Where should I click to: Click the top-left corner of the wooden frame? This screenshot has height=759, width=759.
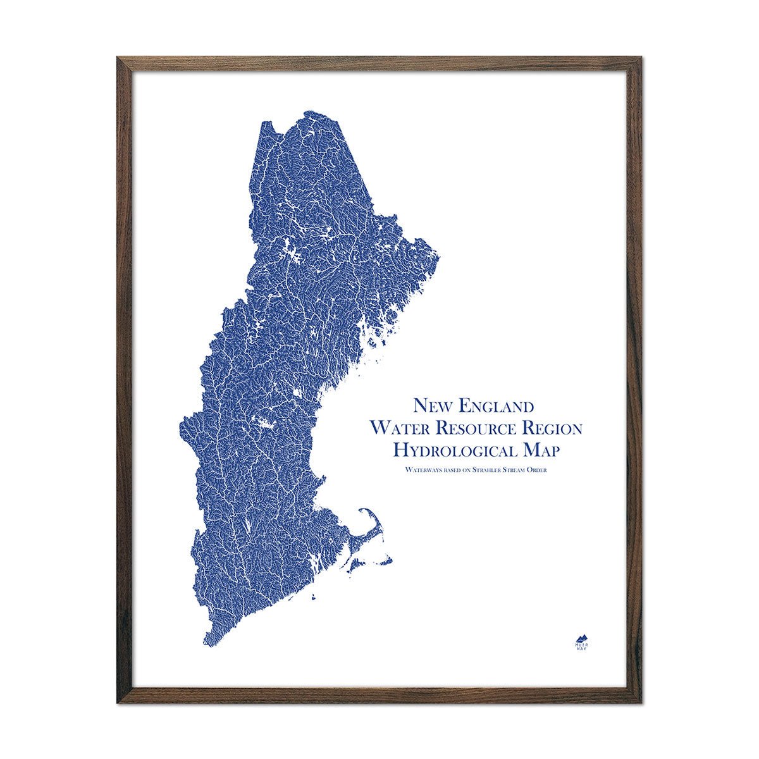(x=118, y=58)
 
